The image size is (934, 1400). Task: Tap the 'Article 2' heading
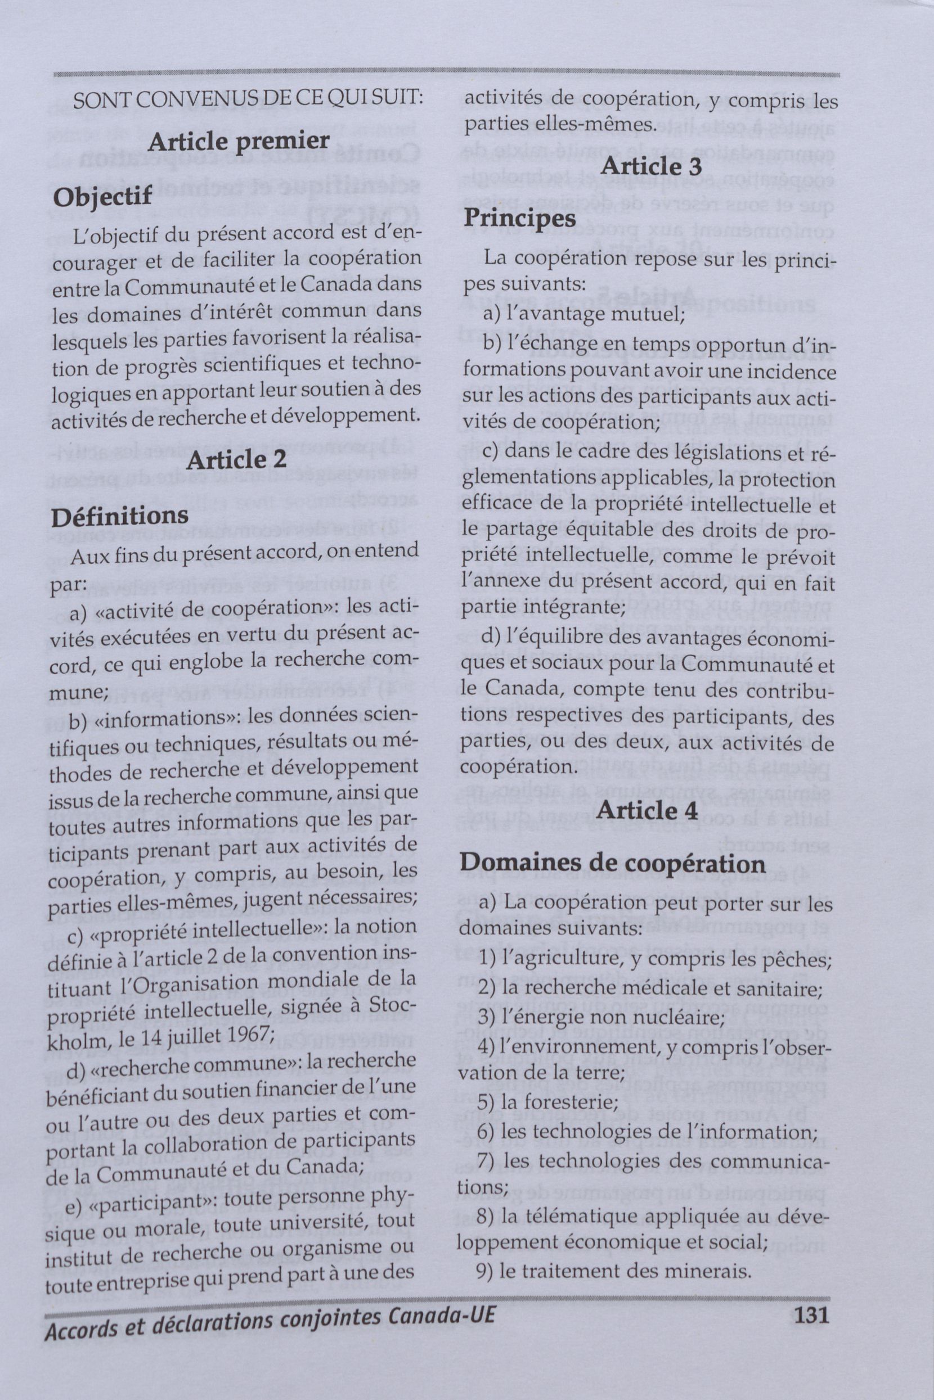coord(236,459)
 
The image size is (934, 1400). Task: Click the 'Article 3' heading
coord(650,166)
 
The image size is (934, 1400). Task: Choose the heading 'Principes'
coord(520,219)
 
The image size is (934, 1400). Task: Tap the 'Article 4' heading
coord(646,811)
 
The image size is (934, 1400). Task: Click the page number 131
coord(811,1326)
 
